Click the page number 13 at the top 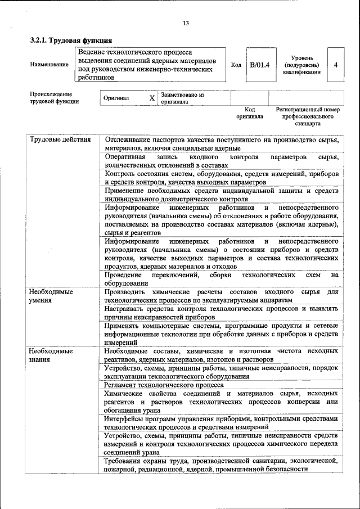pos(186,23)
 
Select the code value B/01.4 pos(259,65)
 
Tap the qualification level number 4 pos(335,65)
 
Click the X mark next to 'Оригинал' pos(151,98)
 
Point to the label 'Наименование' pos(49,65)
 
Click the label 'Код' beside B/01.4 pos(236,65)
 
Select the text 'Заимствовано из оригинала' pos(182,98)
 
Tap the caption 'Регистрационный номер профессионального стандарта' pos(307,116)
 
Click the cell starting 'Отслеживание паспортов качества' pos(221,143)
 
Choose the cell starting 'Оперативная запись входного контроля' pos(221,161)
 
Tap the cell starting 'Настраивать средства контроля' pos(221,313)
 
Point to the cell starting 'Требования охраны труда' pos(221,465)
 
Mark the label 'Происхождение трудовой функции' pos(54,98)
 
